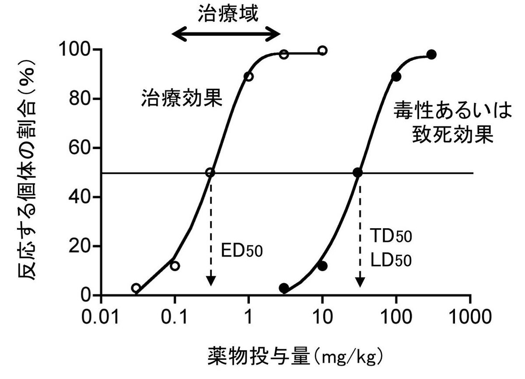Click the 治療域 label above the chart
[228, 14]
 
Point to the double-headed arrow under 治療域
[226, 34]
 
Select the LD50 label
[391, 261]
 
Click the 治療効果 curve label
[182, 99]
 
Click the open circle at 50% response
[210, 172]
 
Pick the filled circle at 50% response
[358, 172]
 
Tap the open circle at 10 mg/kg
[322, 51]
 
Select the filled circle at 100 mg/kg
[396, 76]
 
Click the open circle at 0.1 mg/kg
[175, 266]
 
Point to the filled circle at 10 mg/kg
[322, 266]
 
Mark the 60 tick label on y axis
[83, 148]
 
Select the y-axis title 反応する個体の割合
[27, 171]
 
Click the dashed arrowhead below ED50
[210, 282]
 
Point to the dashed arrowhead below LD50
[359, 282]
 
